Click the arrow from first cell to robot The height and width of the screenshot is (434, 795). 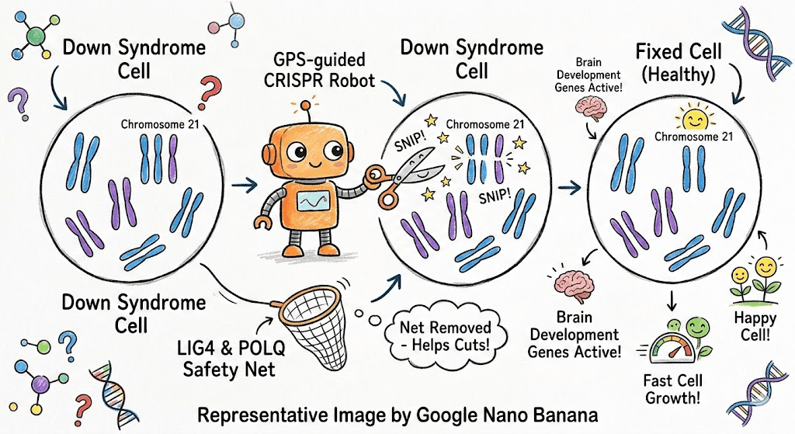(248, 184)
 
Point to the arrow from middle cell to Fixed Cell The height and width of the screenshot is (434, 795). (573, 187)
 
